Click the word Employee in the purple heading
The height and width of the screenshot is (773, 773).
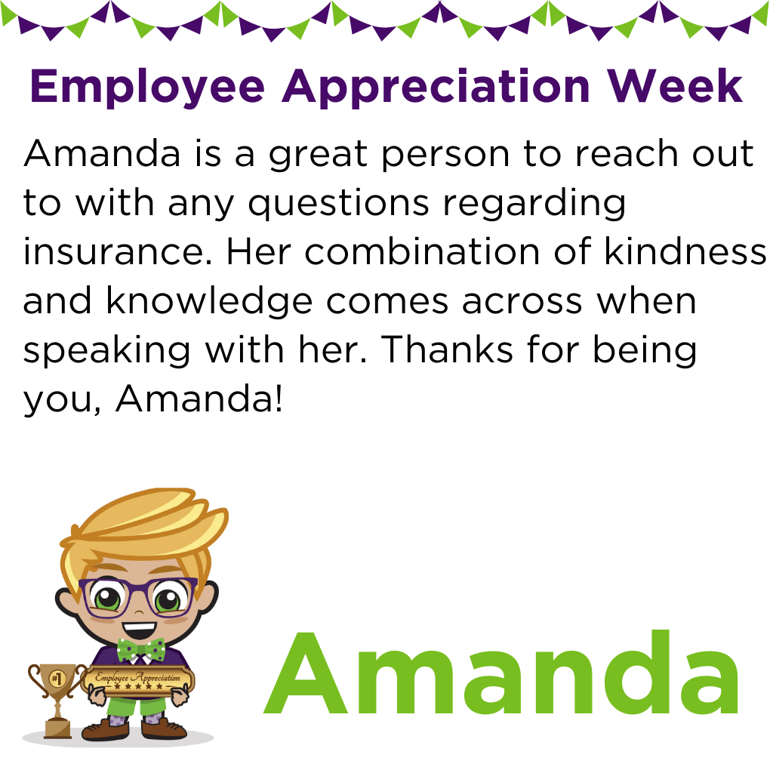[147, 88]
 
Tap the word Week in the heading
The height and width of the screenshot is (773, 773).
[674, 85]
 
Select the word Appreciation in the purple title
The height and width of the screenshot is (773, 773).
[436, 88]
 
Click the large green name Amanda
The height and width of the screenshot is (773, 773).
[501, 673]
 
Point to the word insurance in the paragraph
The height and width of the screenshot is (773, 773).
[117, 251]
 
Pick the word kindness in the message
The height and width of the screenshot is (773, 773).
[685, 251]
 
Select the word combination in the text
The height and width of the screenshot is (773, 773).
[422, 251]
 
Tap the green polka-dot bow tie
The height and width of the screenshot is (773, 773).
[141, 650]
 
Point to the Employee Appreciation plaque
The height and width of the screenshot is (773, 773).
[137, 680]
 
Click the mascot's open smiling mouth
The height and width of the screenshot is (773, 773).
[139, 630]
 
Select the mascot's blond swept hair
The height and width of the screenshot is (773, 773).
[145, 532]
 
